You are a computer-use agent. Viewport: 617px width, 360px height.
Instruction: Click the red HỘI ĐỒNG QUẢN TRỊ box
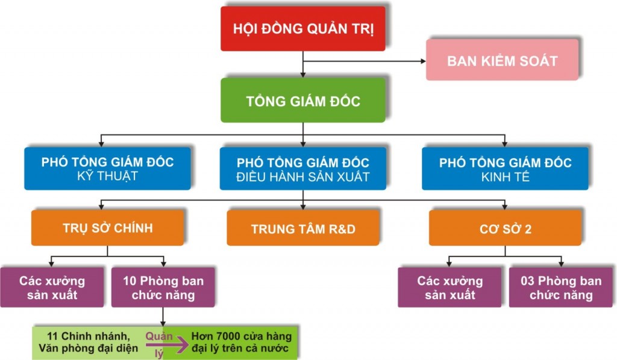point(302,28)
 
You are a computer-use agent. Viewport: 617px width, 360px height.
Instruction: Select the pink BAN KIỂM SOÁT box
point(502,60)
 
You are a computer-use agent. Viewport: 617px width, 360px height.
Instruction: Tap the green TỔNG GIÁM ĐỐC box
point(302,100)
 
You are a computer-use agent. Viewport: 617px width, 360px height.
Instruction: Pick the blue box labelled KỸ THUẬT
point(107,169)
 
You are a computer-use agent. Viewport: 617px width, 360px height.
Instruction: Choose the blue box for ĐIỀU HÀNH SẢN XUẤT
point(302,169)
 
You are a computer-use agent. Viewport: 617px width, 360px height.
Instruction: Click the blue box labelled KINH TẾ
point(505,169)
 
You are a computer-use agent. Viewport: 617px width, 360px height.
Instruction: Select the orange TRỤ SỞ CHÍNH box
point(107,228)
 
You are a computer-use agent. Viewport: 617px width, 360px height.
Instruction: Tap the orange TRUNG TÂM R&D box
point(303,229)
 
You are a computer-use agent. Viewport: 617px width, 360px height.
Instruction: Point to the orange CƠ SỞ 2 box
point(505,229)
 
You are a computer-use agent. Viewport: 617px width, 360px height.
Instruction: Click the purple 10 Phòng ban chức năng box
point(163,288)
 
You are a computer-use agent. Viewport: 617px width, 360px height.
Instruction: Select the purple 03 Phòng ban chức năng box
point(561,288)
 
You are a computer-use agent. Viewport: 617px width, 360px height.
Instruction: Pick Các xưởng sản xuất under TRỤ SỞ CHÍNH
point(52,288)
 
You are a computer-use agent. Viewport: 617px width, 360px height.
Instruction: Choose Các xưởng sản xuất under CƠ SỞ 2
point(449,288)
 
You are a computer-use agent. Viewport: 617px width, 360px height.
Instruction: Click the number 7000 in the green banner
point(234,336)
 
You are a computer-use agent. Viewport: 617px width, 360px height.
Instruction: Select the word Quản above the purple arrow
point(158,336)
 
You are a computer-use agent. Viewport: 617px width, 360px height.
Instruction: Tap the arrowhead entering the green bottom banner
point(163,324)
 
